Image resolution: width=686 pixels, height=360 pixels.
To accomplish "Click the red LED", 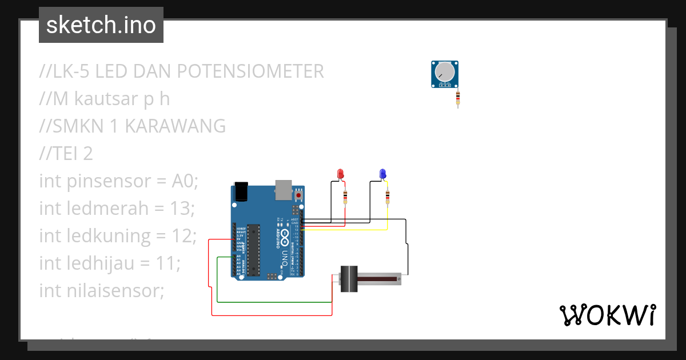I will [x=341, y=173].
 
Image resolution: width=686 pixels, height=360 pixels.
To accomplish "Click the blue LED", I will [x=382, y=173].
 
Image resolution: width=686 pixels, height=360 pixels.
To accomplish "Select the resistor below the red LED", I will [x=345, y=197].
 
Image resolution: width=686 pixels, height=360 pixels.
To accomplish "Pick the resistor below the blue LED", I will [x=388, y=197].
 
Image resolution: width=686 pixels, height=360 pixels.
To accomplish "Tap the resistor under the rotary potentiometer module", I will [x=458, y=99].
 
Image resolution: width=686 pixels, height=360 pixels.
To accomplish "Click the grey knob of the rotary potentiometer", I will [x=444, y=72].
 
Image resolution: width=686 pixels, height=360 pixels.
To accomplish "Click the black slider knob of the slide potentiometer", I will [x=349, y=279].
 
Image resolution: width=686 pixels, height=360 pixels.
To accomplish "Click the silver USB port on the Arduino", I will [x=283, y=190].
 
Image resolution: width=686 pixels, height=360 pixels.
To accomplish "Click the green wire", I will [x=274, y=302].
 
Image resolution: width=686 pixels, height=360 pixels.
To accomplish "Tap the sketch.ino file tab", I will [x=101, y=25].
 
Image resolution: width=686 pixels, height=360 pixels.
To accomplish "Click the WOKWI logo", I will [x=607, y=315].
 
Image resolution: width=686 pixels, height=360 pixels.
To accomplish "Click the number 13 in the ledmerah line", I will [x=182, y=209].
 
